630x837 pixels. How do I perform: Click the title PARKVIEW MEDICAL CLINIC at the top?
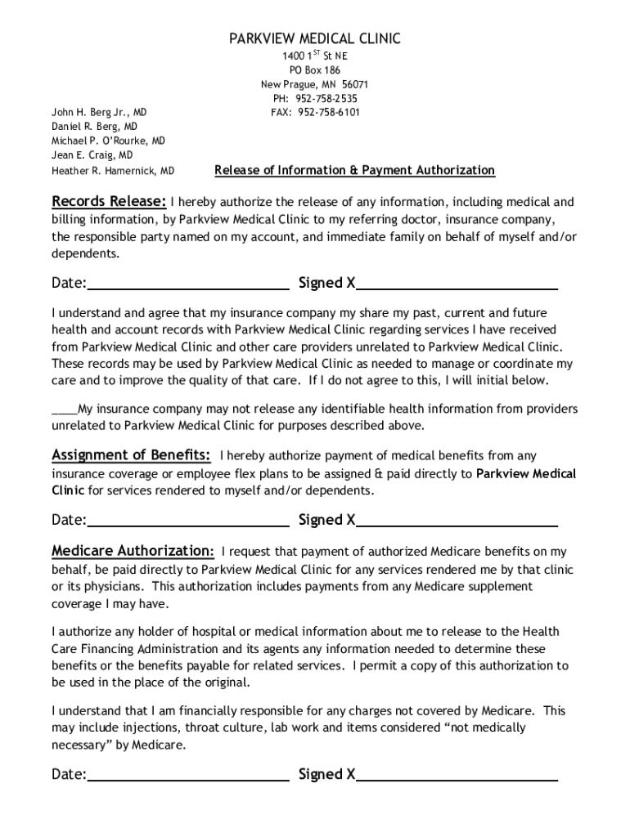pos(314,38)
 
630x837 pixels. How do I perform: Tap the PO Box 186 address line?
pos(314,69)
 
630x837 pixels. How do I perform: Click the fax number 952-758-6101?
pos(327,112)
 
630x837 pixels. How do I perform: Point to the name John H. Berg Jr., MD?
pos(100,112)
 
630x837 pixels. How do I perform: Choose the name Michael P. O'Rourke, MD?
pos(108,141)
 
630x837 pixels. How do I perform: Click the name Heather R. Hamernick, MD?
pos(113,171)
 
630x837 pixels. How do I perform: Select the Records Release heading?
pos(110,202)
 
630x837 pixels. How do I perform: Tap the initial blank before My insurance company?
pos(64,409)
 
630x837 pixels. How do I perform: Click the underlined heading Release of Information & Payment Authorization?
pos(354,170)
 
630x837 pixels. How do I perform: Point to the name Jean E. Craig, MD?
pos(92,154)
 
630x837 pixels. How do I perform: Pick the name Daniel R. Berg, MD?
pos(94,127)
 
